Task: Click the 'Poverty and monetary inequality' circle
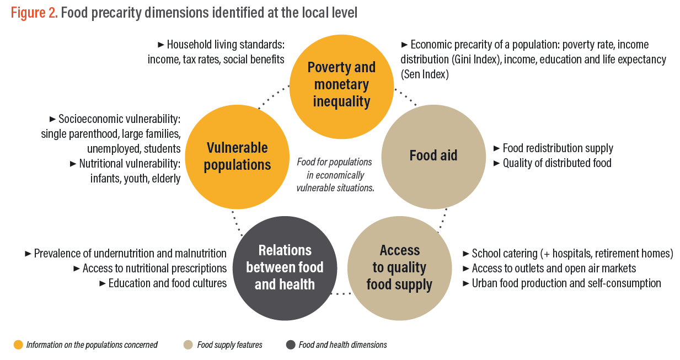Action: click(341, 87)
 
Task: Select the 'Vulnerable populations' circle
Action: click(237, 157)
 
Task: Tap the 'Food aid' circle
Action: click(433, 157)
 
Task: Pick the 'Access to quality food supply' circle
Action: click(399, 268)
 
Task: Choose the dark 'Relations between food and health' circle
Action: click(285, 268)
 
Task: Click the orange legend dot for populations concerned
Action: click(18, 345)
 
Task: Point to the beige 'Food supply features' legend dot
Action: click(188, 345)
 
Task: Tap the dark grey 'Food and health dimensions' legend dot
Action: click(291, 345)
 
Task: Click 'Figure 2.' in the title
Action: click(34, 13)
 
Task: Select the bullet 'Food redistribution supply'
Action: click(553, 148)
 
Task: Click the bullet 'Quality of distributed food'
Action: click(553, 163)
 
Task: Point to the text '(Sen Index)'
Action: click(425, 74)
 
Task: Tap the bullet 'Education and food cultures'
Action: click(163, 283)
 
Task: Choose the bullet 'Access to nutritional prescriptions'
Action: click(150, 268)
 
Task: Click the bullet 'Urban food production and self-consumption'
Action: click(562, 283)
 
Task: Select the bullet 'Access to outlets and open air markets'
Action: click(549, 268)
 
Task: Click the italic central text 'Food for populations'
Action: click(334, 162)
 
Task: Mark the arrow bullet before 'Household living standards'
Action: click(161, 45)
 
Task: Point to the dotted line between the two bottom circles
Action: click(341, 293)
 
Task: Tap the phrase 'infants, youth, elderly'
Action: click(135, 179)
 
